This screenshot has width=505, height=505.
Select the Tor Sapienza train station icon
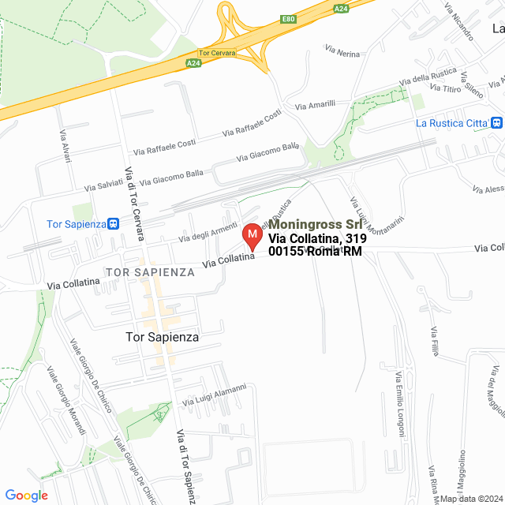[x=114, y=223]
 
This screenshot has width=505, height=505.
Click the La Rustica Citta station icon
[x=496, y=123]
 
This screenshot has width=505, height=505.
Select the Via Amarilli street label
[x=315, y=104]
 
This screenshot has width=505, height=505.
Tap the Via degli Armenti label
[x=208, y=232]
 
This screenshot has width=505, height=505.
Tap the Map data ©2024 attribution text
[x=471, y=499]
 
